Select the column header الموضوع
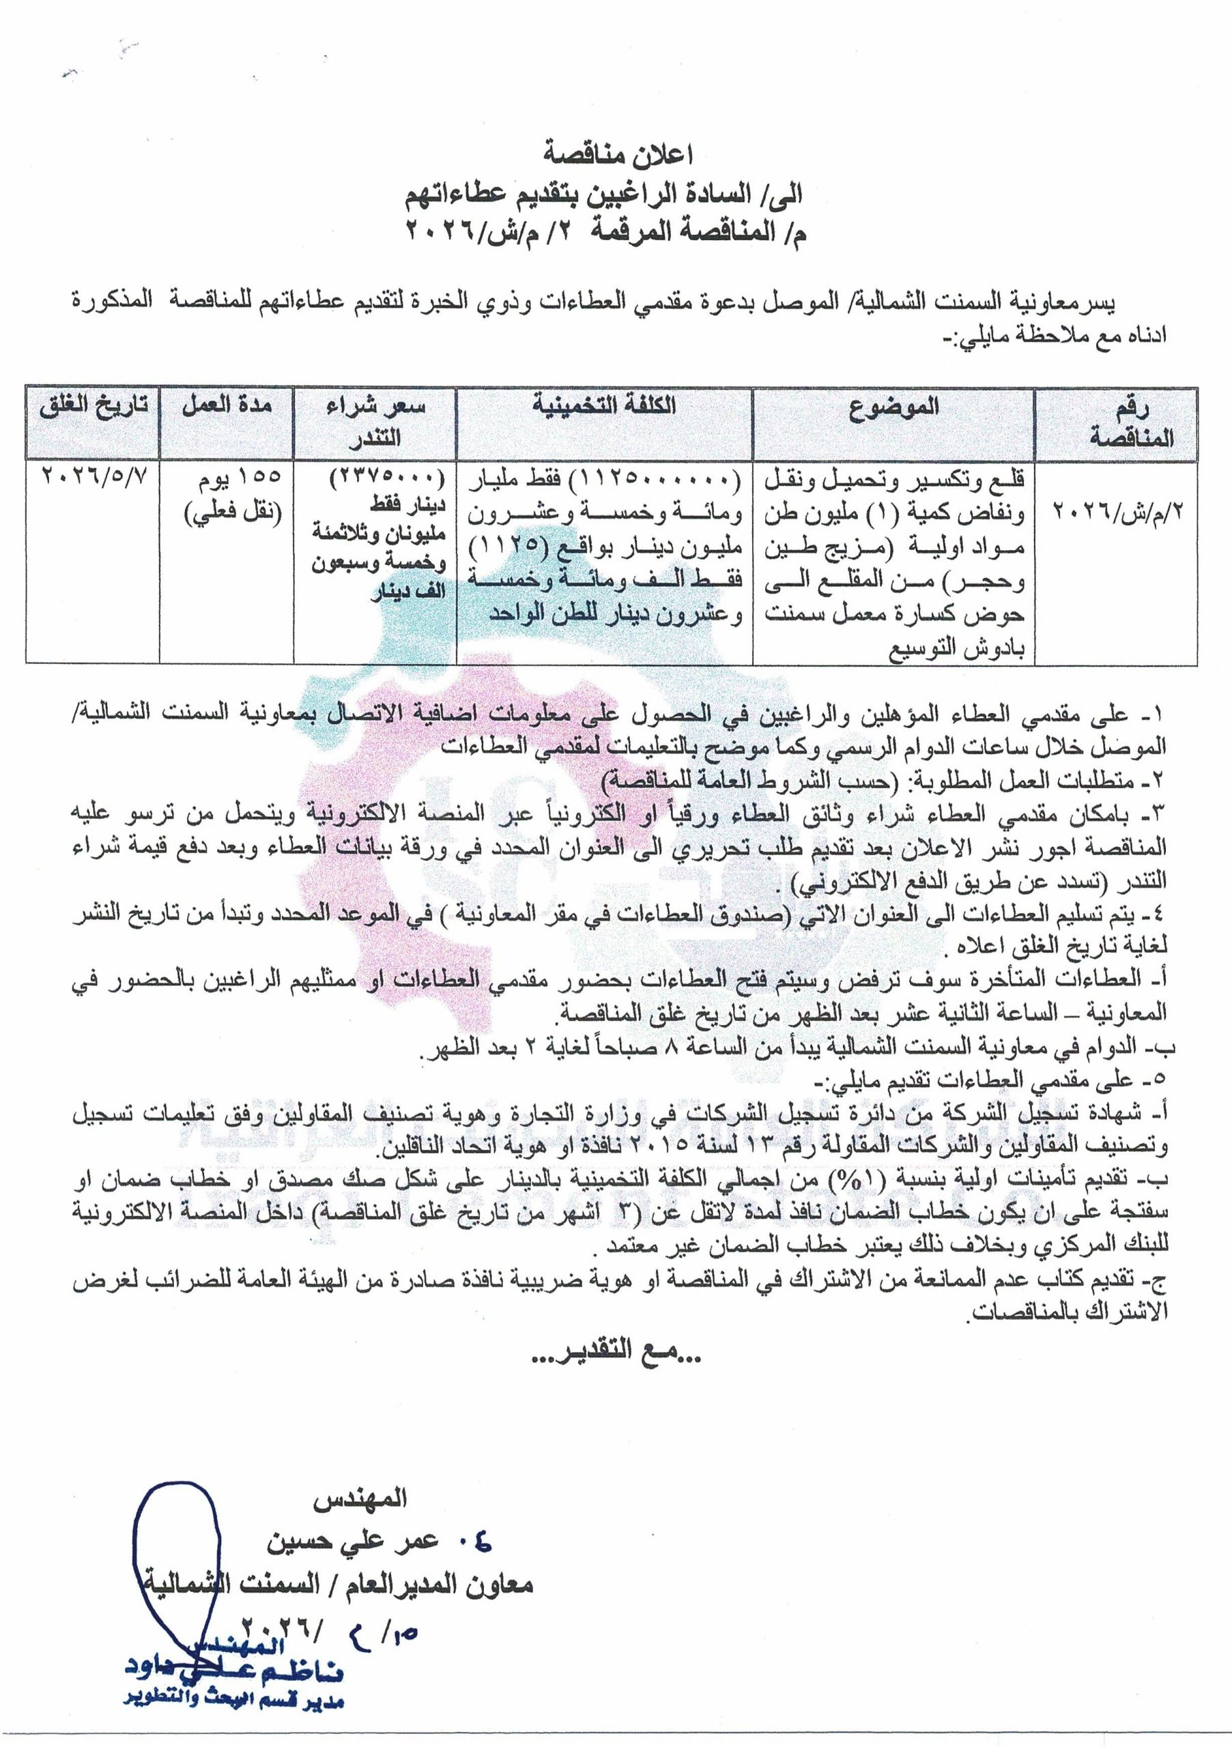click(893, 407)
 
